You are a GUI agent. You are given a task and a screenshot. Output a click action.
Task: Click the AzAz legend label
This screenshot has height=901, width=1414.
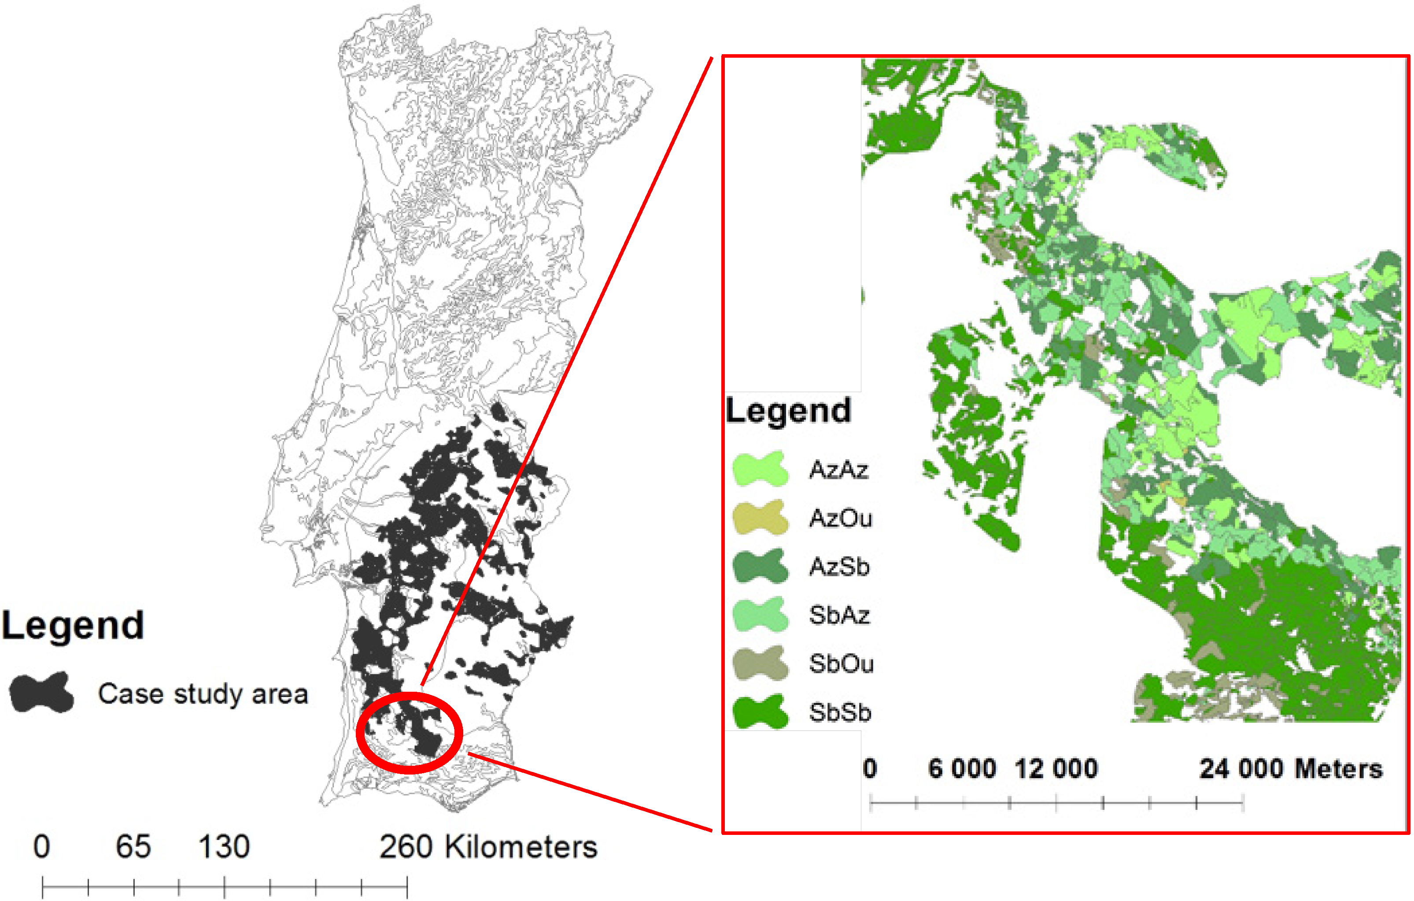pyautogui.click(x=838, y=469)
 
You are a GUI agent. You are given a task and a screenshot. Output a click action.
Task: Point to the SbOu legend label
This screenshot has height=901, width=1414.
pyautogui.click(x=841, y=664)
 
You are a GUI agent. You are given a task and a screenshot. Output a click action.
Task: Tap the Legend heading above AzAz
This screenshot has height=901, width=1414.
pyautogui.click(x=788, y=411)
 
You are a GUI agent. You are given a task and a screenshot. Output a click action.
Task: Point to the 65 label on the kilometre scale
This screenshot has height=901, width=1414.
pyautogui.click(x=133, y=846)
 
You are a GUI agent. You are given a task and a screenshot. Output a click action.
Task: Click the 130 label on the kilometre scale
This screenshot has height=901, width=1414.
pyautogui.click(x=224, y=846)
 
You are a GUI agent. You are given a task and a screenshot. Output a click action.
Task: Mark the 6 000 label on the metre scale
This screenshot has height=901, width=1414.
pyautogui.click(x=962, y=769)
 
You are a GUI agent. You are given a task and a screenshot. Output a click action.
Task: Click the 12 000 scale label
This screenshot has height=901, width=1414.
pyautogui.click(x=1056, y=769)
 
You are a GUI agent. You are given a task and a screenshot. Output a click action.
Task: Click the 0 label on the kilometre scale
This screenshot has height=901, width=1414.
pyautogui.click(x=42, y=846)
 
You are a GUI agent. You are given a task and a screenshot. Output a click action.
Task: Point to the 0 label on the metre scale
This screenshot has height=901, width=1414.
pyautogui.click(x=870, y=769)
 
